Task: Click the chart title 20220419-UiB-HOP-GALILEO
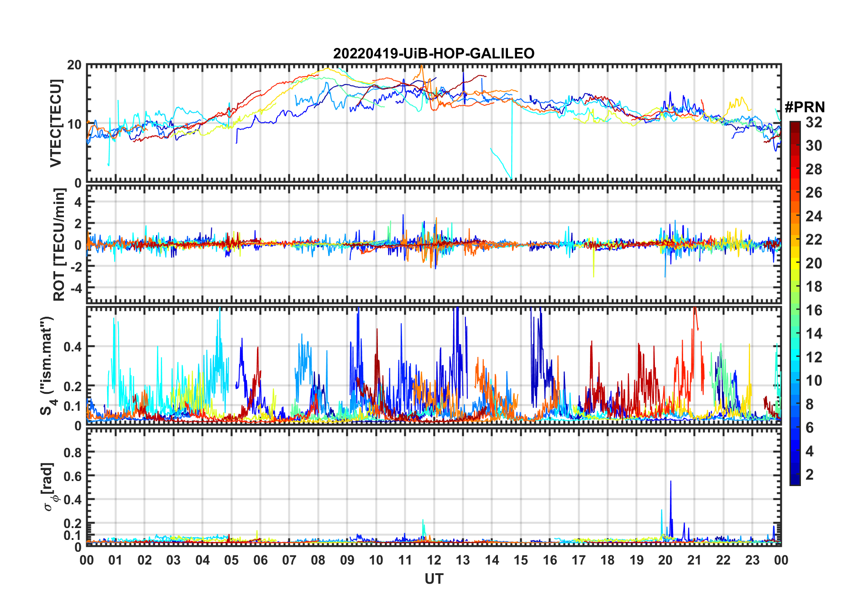click(x=434, y=53)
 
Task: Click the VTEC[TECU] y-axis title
click(x=56, y=123)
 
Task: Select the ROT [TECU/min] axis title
click(x=59, y=244)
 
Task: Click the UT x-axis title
click(x=434, y=579)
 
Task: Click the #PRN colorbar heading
click(x=805, y=107)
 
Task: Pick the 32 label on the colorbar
click(x=814, y=122)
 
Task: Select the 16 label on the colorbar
click(x=814, y=310)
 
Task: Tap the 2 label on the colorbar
click(x=810, y=475)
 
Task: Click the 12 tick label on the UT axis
click(x=434, y=560)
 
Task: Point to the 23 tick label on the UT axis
click(x=752, y=560)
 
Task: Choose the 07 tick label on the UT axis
click(x=289, y=560)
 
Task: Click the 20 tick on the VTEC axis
click(x=74, y=65)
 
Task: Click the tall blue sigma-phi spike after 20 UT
click(x=670, y=482)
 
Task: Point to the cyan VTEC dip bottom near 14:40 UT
click(x=511, y=178)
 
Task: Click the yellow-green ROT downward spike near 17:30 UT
click(x=593, y=276)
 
